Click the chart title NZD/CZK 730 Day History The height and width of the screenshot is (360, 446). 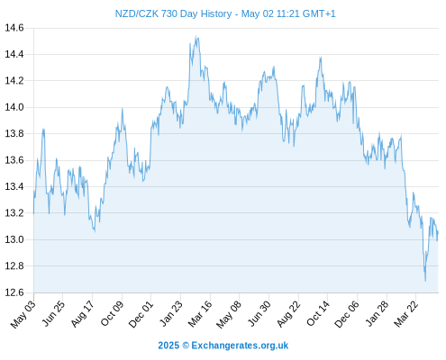click(x=173, y=13)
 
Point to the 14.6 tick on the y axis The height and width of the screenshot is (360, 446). click(x=14, y=28)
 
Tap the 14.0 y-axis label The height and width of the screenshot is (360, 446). click(x=14, y=107)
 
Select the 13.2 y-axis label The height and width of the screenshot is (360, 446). click(x=14, y=213)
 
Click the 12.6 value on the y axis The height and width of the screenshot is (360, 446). click(x=14, y=292)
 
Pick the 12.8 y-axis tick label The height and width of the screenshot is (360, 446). click(x=14, y=266)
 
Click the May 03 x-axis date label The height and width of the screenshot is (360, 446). click(x=23, y=314)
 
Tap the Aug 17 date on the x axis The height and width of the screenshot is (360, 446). click(x=83, y=314)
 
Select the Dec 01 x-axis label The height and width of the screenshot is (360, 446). click(x=141, y=314)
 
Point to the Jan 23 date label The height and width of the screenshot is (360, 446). click(x=170, y=314)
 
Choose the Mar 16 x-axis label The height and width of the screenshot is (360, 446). click(x=200, y=314)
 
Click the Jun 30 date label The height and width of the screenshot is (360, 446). click(x=259, y=314)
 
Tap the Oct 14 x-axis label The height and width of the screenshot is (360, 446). click(x=318, y=314)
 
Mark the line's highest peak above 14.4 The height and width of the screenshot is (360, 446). click(x=196, y=36)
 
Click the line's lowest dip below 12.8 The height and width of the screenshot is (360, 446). click(x=425, y=281)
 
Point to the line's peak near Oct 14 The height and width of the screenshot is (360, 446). click(x=321, y=57)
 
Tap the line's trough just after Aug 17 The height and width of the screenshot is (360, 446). click(x=95, y=231)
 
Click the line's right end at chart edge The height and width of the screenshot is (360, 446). click(x=438, y=233)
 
